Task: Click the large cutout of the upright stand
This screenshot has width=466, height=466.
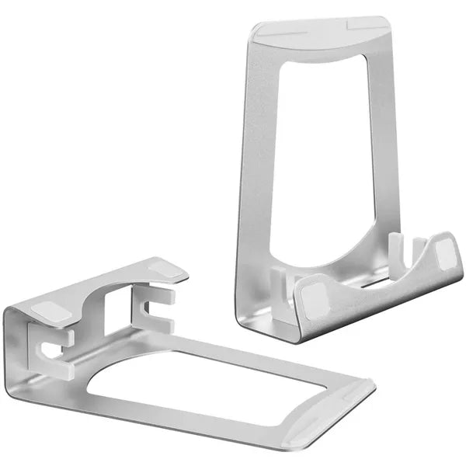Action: [326, 155]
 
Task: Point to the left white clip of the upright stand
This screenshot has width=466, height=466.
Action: [279, 280]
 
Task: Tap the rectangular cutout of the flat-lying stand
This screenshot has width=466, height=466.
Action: [210, 385]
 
